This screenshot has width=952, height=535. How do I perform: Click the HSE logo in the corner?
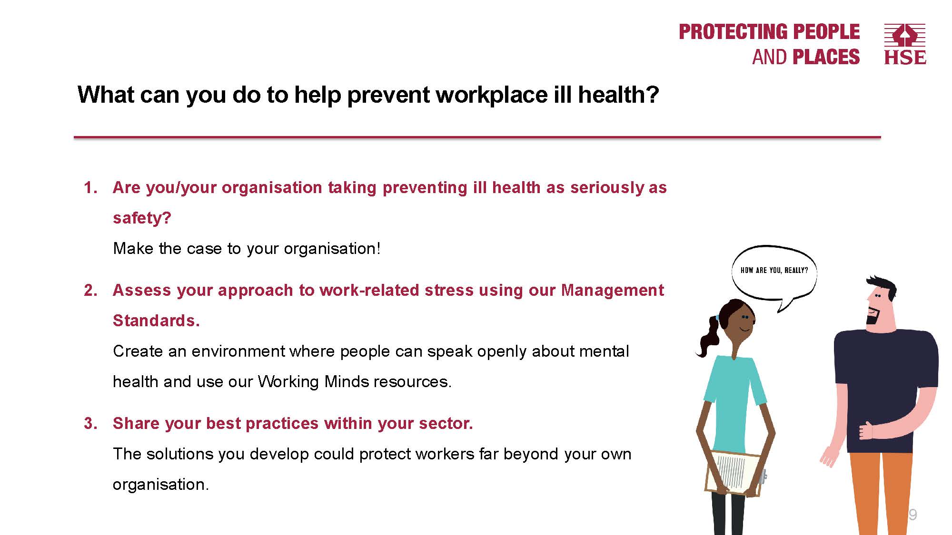pos(905,44)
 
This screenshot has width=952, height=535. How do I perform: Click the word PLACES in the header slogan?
pos(826,57)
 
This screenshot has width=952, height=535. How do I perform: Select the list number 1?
pos(90,187)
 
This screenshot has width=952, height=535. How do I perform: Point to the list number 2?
pos(90,290)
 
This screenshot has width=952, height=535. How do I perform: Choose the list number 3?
pos(90,423)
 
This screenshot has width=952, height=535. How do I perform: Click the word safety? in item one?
pos(142,218)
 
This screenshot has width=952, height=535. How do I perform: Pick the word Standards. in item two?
pos(156,321)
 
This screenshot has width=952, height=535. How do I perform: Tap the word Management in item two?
pos(612,290)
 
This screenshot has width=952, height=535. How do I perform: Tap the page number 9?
pos(912,515)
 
